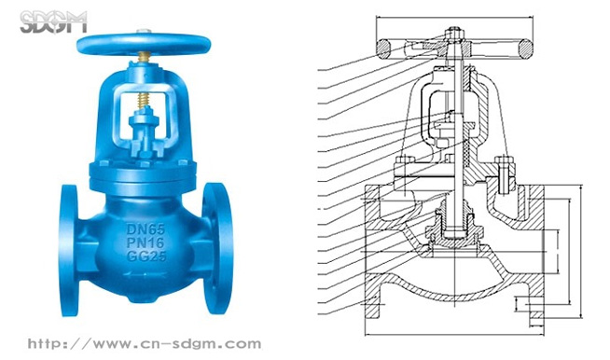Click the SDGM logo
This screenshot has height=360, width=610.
pyautogui.click(x=54, y=22)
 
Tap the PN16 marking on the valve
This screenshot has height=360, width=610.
pyautogui.click(x=146, y=242)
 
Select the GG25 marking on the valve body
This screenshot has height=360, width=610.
pyautogui.click(x=146, y=256)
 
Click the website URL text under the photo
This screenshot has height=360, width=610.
pyautogui.click(x=145, y=343)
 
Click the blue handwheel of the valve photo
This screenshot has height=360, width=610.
pyautogui.click(x=144, y=44)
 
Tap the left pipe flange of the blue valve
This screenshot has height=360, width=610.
pyautogui.click(x=69, y=250)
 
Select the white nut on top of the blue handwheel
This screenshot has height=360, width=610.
pyautogui.click(x=143, y=32)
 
